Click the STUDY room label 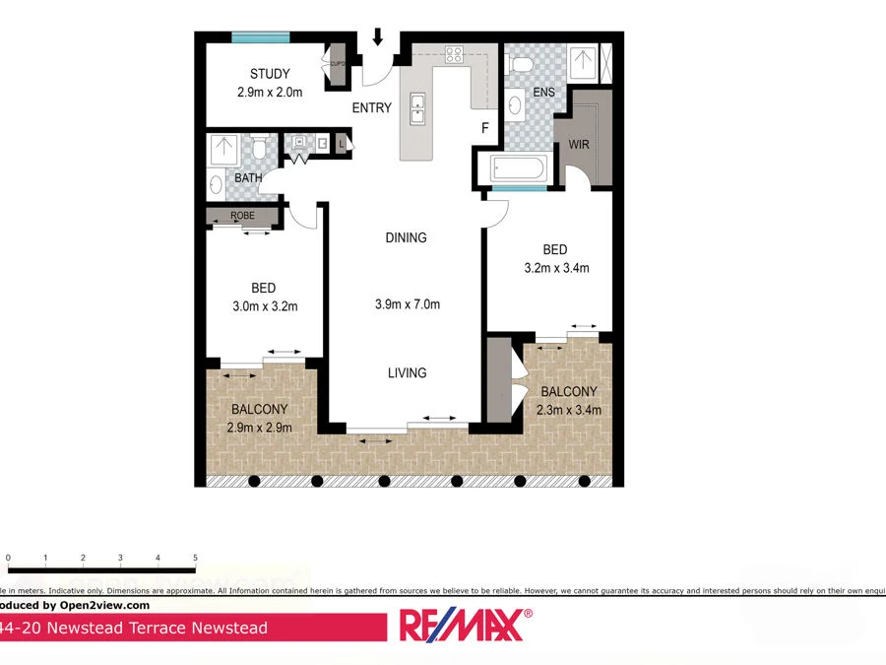269,74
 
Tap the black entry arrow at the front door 378,38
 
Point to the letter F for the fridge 484,128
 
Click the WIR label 578,145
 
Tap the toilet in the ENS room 522,65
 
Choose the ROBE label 243,215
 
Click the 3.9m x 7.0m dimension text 407,304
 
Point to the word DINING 406,237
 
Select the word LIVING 407,372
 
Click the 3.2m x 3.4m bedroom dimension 557,267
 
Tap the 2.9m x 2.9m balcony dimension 259,427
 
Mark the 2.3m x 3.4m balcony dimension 568,410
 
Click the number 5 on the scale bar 195,559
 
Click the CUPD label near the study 338,64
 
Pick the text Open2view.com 109,606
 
